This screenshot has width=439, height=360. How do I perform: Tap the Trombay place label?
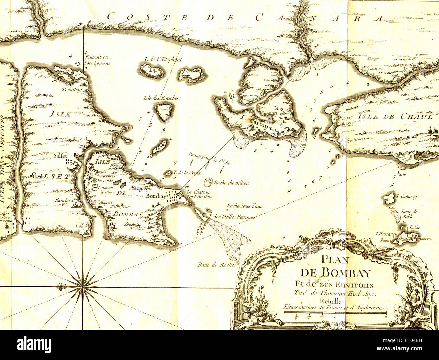click(72, 89)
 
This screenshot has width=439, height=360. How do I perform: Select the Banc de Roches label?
click(217, 265)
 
